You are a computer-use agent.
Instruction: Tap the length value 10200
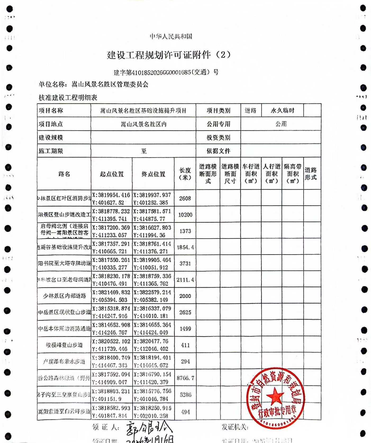pyautogui.click(x=185, y=215)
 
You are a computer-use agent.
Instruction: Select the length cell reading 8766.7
pyautogui.click(x=185, y=378)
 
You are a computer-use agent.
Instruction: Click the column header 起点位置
pyautogui.click(x=112, y=174)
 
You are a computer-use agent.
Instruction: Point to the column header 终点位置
pyautogui.click(x=153, y=174)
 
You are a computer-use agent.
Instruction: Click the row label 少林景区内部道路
pyautogui.click(x=65, y=296)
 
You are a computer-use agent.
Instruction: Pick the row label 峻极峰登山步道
pyautogui.click(x=64, y=345)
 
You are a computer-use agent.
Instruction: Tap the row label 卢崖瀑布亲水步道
pyautogui.click(x=64, y=361)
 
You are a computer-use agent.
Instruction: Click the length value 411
pyautogui.click(x=185, y=345)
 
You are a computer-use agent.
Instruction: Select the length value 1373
pyautogui.click(x=185, y=231)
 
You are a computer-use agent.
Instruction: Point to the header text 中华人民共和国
pyautogui.click(x=171, y=36)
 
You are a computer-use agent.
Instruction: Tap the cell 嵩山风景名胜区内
pyautogui.click(x=144, y=124)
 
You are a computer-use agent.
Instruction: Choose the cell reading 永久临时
pyautogui.click(x=282, y=110)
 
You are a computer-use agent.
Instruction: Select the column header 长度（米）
pyautogui.click(x=185, y=174)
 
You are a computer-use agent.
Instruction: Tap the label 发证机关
pyautogui.click(x=235, y=427)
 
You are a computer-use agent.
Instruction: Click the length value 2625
pyautogui.click(x=185, y=312)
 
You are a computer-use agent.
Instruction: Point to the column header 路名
pyautogui.click(x=64, y=174)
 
